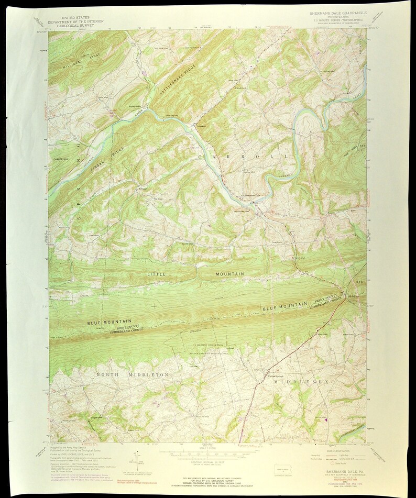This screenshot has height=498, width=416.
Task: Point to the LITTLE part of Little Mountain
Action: tap(156, 274)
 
